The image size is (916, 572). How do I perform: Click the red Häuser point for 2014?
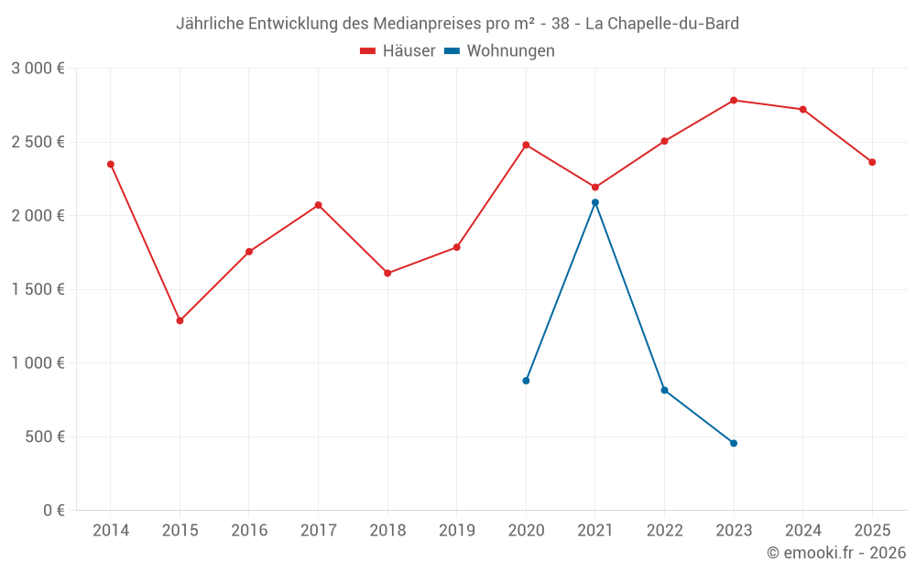[x=111, y=164]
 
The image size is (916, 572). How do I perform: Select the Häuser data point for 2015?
[x=180, y=320]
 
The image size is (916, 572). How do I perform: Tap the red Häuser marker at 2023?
[x=734, y=100]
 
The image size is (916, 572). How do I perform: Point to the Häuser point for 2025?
[x=872, y=162]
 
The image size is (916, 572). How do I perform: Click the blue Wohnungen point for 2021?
[x=595, y=202]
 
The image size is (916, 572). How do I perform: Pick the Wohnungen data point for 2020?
[x=526, y=381]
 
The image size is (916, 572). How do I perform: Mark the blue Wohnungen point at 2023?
[x=734, y=443]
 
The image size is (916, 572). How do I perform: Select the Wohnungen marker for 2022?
[x=664, y=390]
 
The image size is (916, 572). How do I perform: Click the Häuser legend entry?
[x=398, y=51]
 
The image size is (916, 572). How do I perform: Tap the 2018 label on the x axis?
[x=387, y=530]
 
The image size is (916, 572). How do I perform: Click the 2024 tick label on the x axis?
[x=802, y=530]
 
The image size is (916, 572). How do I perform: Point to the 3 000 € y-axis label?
[x=38, y=69]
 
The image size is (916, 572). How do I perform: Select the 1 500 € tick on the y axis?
[x=38, y=289]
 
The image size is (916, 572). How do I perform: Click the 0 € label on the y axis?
[x=53, y=511]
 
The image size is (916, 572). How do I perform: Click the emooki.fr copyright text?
[x=836, y=553]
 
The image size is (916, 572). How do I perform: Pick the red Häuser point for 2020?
[x=526, y=145]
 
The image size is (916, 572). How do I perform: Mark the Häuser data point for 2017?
[x=318, y=205]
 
